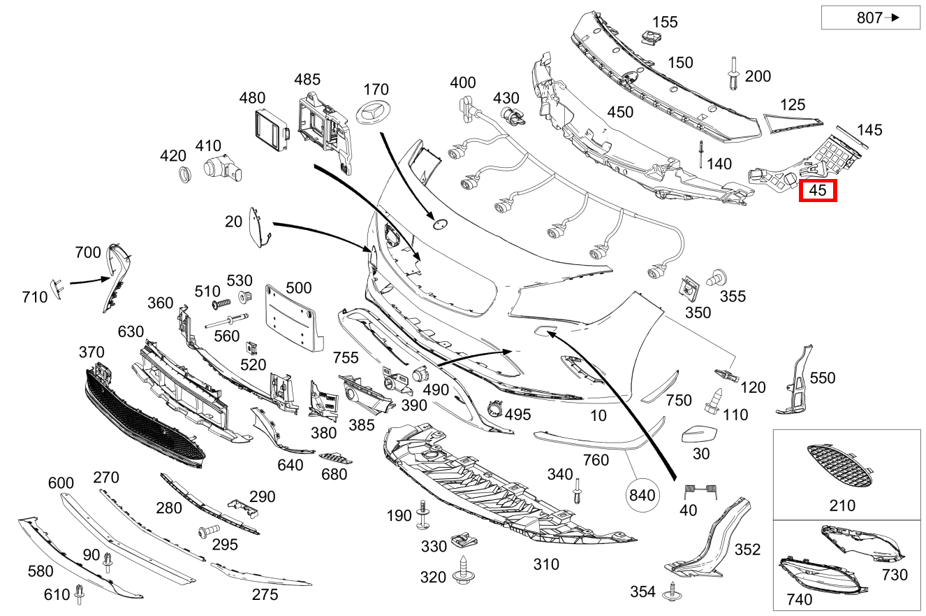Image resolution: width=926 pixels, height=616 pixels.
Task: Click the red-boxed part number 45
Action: (818, 190)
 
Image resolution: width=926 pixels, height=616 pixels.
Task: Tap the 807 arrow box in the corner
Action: (871, 17)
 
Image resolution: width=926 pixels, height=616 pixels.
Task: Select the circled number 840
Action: (642, 495)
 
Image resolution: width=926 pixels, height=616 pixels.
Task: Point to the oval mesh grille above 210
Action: (839, 465)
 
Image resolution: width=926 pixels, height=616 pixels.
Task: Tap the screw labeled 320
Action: (464, 571)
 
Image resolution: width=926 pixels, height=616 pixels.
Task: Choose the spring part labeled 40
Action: (701, 491)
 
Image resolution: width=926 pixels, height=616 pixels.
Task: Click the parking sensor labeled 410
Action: (222, 169)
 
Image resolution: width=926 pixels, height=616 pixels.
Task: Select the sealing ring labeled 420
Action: (185, 174)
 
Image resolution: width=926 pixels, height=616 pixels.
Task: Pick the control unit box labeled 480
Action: (271, 129)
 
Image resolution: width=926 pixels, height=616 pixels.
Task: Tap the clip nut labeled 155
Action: (650, 36)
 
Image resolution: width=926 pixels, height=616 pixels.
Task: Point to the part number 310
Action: (546, 564)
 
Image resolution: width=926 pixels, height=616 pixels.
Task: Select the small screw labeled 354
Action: (673, 592)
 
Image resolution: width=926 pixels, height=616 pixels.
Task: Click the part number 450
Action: (620, 112)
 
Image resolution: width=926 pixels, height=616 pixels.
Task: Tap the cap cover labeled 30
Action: (699, 434)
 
